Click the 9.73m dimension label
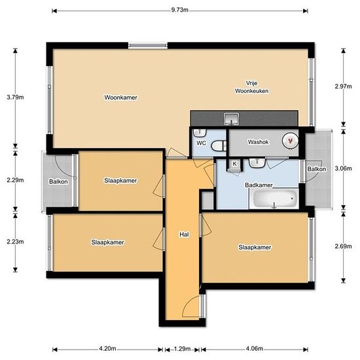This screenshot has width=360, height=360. pos(180,10)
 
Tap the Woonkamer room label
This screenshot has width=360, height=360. pos(121,98)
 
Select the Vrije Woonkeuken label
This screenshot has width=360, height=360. pos(251,87)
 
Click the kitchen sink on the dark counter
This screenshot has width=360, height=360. pos(232,118)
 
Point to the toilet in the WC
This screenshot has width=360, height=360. pos(219,146)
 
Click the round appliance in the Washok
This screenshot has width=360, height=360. pos(290,141)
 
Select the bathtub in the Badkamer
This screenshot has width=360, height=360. pos(274,198)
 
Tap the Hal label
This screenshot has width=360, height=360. pos(184,234)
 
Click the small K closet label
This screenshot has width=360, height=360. pos(234,164)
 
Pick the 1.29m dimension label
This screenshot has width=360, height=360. pos(182,349)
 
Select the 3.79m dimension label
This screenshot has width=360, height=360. pos(15,97)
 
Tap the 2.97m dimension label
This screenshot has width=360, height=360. pos(343,86)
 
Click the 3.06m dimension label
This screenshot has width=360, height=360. pos(343,168)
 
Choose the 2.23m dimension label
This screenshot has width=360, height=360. pos(15,242)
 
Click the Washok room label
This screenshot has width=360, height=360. pos(258,142)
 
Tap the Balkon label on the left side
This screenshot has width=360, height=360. pos(58,181)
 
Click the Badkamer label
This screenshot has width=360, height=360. pos(259,185)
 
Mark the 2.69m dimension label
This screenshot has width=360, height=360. pos(343,246)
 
